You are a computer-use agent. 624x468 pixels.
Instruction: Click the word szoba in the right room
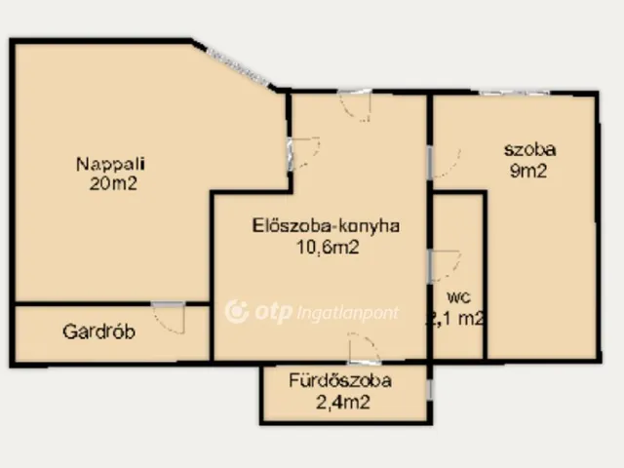529,150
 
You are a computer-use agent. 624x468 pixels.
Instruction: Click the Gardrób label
98,331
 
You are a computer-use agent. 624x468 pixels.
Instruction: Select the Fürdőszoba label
340,381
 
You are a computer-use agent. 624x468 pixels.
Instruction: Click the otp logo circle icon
235,311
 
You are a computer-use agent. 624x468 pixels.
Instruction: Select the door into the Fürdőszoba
364,349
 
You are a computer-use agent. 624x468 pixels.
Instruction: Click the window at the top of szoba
513,94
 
